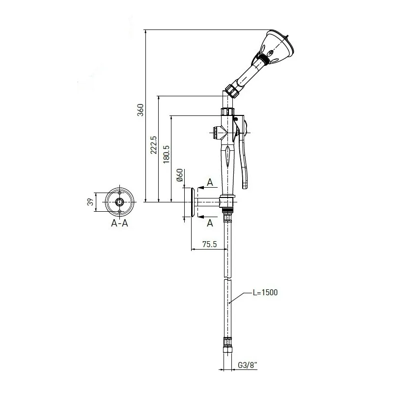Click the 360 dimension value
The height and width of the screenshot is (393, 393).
coord(141,110)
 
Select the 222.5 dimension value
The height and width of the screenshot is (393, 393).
coord(153,145)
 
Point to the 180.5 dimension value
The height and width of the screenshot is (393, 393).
coord(166,154)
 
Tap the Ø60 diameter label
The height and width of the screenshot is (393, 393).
coord(180,175)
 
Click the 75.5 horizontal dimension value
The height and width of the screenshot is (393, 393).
coord(210,244)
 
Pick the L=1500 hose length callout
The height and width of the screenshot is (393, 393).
coord(265,292)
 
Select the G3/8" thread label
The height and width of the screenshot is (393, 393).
coord(248,365)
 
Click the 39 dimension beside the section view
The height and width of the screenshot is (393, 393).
coord(90,202)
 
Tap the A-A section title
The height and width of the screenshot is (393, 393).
coord(119,223)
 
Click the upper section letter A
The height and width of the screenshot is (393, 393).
coord(210,182)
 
